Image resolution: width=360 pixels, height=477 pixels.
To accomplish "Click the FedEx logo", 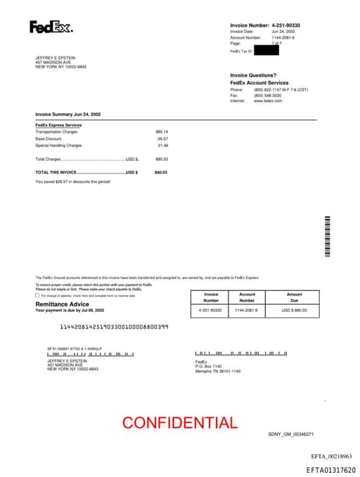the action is click(51, 27).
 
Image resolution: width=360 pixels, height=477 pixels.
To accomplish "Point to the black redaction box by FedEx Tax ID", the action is click(266, 50).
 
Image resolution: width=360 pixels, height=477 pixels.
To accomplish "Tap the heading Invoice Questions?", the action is click(253, 75).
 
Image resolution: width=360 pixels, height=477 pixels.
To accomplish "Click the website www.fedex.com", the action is click(268, 101).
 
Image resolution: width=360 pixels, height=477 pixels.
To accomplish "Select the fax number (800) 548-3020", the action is click(268, 96).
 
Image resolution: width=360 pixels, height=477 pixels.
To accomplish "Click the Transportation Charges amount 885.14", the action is click(162, 132).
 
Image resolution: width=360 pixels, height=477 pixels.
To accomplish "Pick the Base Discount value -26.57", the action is click(162, 139).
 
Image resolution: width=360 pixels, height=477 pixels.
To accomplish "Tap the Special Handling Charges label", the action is click(58, 146).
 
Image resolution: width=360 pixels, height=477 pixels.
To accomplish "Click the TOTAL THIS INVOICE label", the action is click(56, 172).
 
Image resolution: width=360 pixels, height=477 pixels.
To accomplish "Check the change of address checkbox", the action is click(37, 295).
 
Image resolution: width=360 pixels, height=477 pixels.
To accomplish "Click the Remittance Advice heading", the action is click(63, 304).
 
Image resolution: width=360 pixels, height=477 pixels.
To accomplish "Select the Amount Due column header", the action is click(294, 297).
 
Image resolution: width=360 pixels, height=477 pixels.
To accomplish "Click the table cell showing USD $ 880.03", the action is click(294, 310).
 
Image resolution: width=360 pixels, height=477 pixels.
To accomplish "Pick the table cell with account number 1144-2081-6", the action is click(246, 310).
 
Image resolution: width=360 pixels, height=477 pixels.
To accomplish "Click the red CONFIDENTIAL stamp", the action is click(180, 423).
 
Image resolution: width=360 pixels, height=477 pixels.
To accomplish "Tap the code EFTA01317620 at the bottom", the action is click(330, 470).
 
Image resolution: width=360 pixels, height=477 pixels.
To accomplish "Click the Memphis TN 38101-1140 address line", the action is click(218, 371).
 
